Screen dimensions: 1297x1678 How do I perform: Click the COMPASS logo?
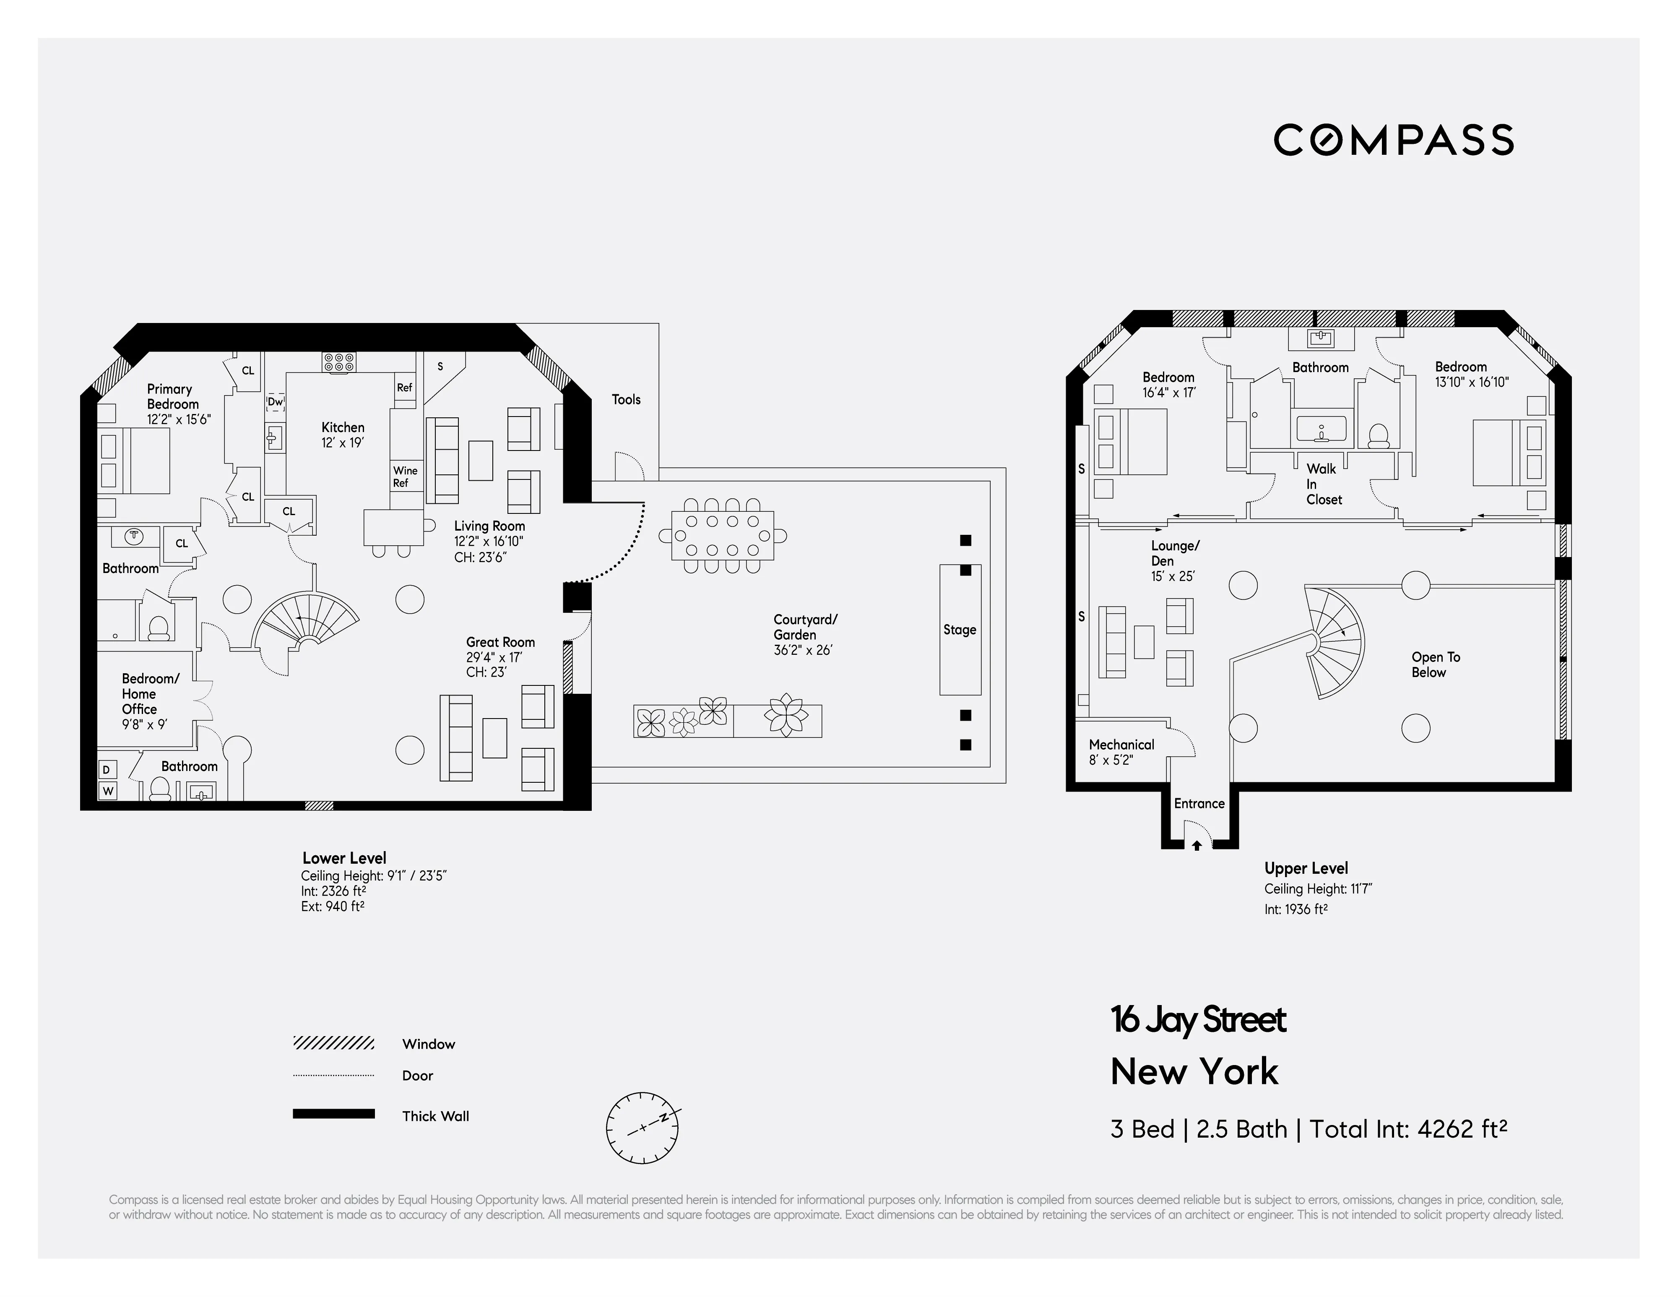pyautogui.click(x=1393, y=140)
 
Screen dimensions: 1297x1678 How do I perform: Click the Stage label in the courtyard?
pyautogui.click(x=960, y=629)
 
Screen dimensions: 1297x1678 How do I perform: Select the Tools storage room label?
pyautogui.click(x=626, y=400)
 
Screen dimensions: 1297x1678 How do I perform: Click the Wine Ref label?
pyautogui.click(x=405, y=477)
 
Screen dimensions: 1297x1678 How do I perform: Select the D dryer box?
pyautogui.click(x=107, y=769)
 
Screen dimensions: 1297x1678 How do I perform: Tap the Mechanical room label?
pyautogui.click(x=1121, y=745)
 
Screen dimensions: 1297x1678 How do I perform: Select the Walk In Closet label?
pyautogui.click(x=1324, y=484)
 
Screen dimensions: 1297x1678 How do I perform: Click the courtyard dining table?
pyautogui.click(x=722, y=536)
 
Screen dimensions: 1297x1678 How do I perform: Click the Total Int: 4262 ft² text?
pyautogui.click(x=1407, y=1129)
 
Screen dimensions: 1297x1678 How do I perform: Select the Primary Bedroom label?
pyautogui.click(x=172, y=396)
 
